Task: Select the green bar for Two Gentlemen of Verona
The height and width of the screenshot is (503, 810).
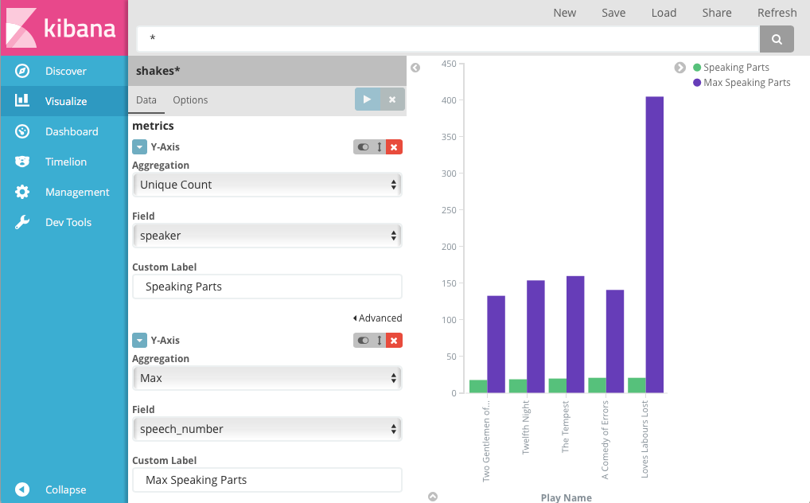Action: pyautogui.click(x=478, y=387)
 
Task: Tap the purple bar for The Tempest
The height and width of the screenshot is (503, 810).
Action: pyautogui.click(x=575, y=334)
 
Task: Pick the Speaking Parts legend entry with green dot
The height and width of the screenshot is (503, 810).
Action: pyautogui.click(x=730, y=68)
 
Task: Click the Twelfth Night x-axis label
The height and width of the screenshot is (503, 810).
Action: pyautogui.click(x=526, y=428)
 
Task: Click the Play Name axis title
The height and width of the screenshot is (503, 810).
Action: pyautogui.click(x=566, y=497)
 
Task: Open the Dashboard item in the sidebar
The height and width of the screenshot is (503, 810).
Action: pyautogui.click(x=72, y=131)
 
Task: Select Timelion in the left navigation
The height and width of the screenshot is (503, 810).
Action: pyautogui.click(x=65, y=162)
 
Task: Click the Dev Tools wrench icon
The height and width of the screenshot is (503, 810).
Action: pyautogui.click(x=22, y=222)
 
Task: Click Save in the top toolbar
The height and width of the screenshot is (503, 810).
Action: pyautogui.click(x=613, y=13)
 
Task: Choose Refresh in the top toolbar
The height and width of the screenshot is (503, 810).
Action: pyautogui.click(x=777, y=13)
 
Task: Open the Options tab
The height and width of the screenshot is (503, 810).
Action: pyautogui.click(x=190, y=100)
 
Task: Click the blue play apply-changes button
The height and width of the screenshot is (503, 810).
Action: pyautogui.click(x=367, y=99)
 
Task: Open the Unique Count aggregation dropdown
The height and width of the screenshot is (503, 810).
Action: pyautogui.click(x=267, y=185)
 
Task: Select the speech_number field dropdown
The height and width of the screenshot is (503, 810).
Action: pyautogui.click(x=267, y=429)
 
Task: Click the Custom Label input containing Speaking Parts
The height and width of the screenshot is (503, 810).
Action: pyautogui.click(x=267, y=287)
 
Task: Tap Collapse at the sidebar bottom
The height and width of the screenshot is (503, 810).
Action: pyautogui.click(x=65, y=489)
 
